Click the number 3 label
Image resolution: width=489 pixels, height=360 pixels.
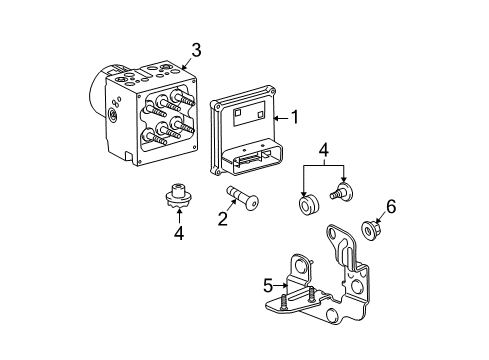point(196,49)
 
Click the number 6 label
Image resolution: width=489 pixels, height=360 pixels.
point(391,206)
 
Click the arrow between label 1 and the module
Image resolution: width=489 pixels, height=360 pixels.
point(278,117)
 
